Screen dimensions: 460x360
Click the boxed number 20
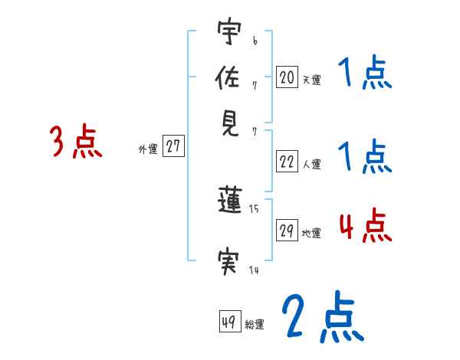(287, 77)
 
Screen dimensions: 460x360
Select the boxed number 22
(287, 162)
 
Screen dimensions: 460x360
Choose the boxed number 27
(174, 147)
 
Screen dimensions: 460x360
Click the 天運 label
(311, 80)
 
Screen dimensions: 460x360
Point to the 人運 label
(311, 164)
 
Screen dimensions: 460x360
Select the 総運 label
(255, 325)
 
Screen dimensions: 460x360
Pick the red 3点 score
(76, 142)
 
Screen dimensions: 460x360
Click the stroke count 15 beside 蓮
(255, 208)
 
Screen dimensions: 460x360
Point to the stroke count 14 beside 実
(255, 269)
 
